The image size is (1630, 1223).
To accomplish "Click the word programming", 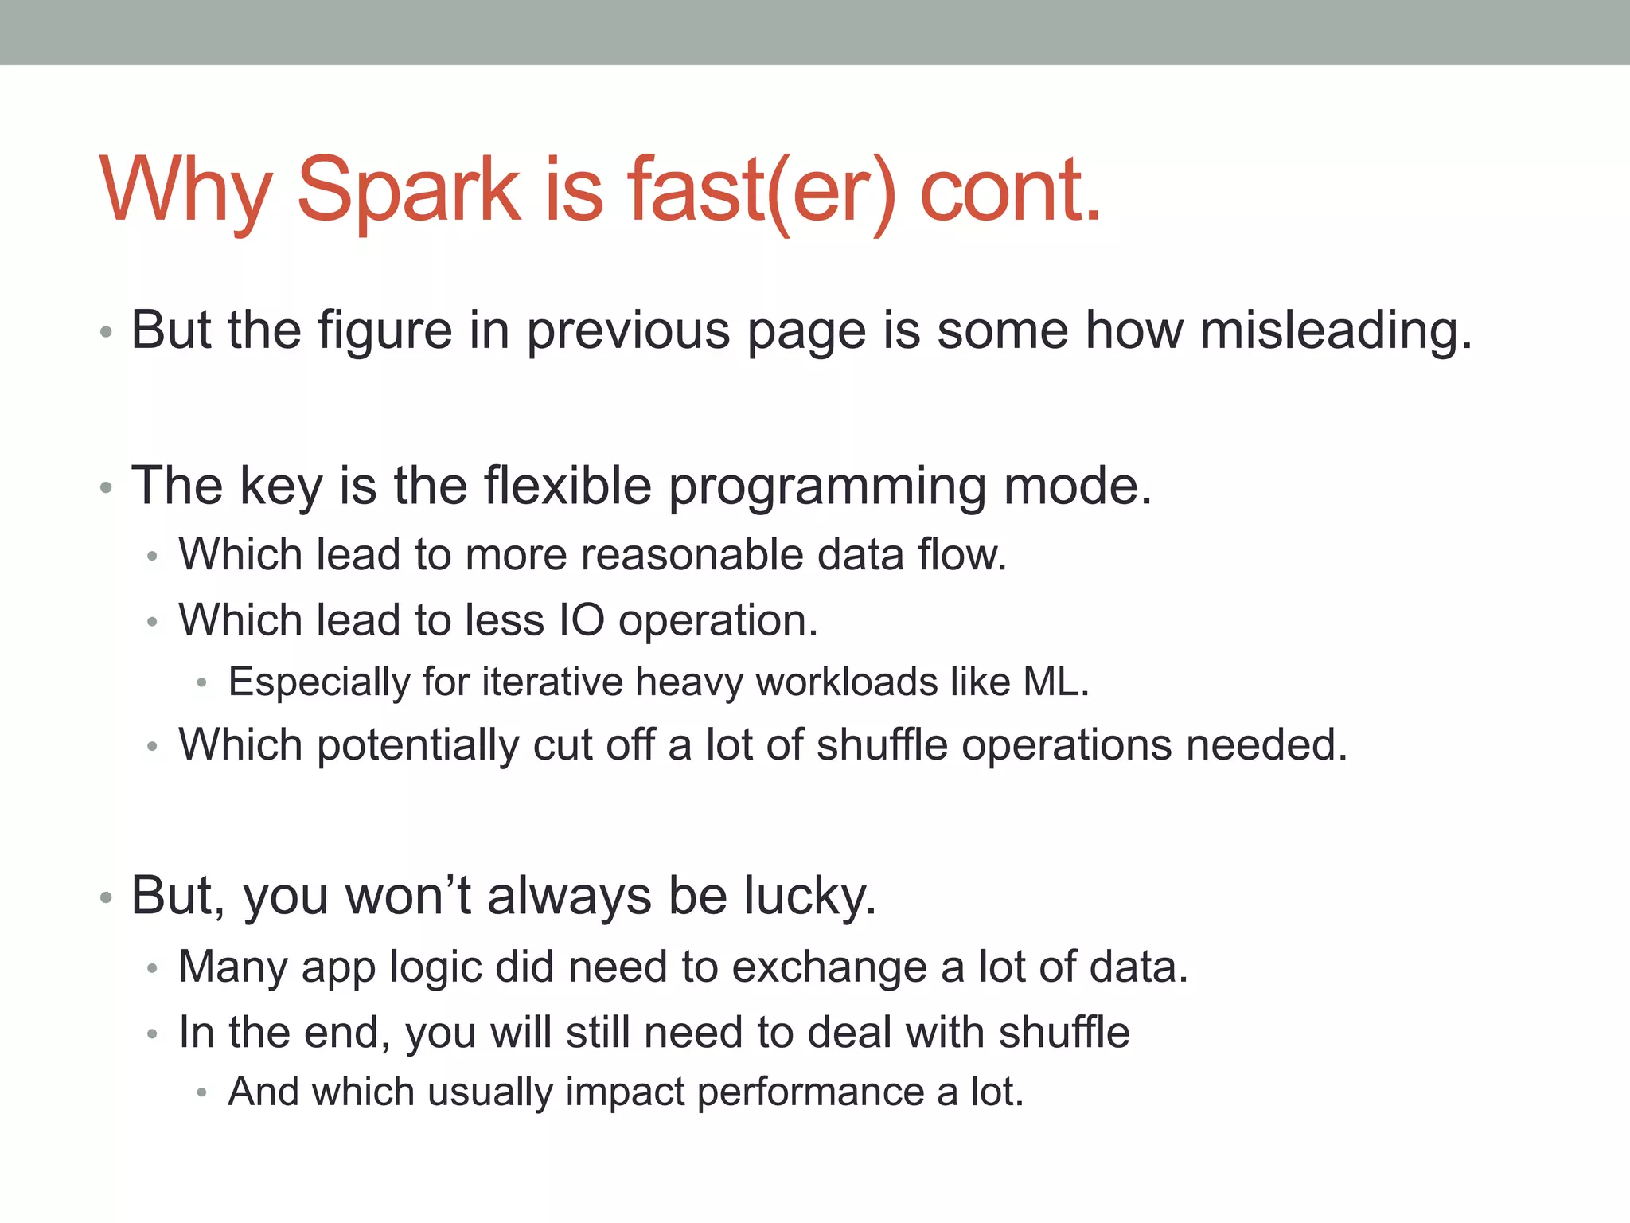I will (827, 487).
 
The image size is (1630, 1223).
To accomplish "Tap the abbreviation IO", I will (581, 620).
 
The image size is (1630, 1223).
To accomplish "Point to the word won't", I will (407, 896).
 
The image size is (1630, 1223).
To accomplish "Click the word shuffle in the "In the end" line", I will (1064, 1033).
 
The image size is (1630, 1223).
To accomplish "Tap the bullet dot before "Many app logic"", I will (153, 968).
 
